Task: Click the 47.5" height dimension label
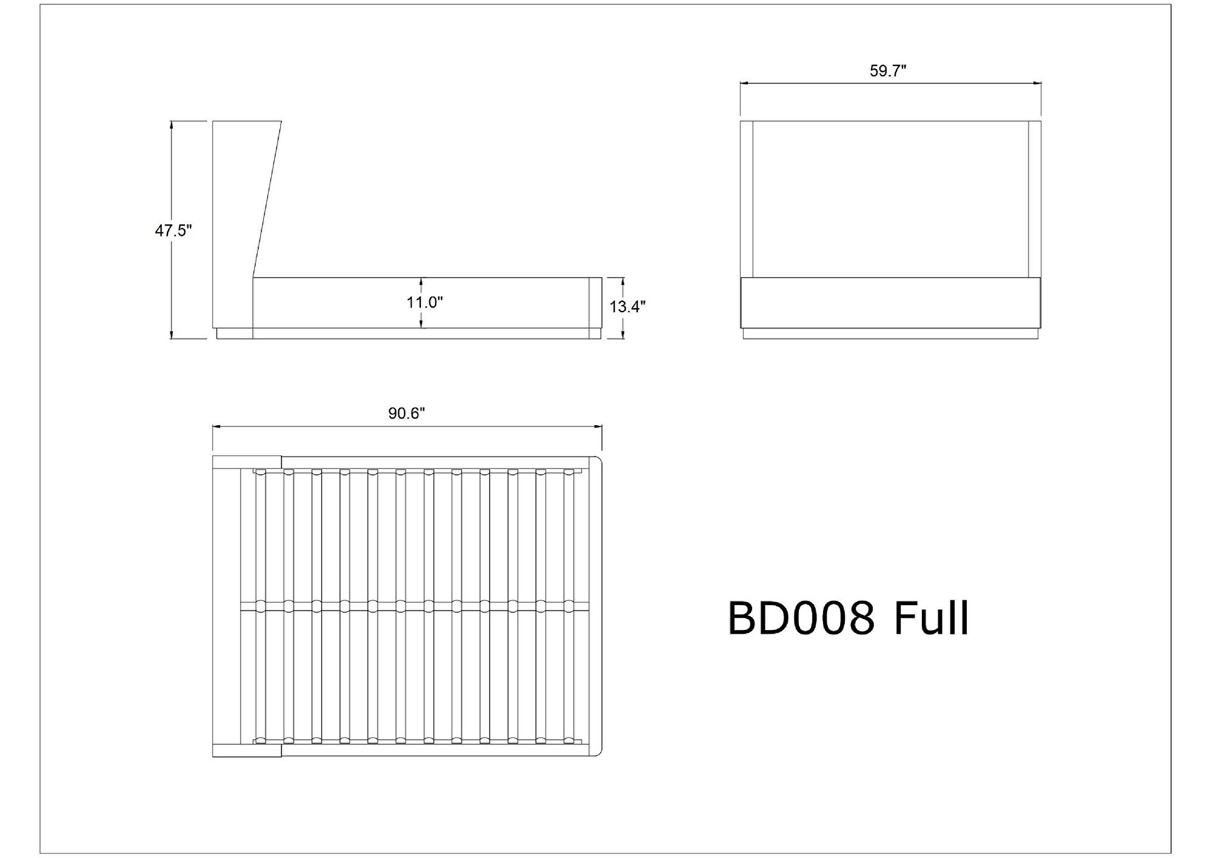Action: (x=173, y=230)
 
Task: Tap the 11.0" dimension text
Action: (x=425, y=302)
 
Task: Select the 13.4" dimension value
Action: (x=628, y=307)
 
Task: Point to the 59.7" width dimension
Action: (x=888, y=71)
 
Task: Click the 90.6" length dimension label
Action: (x=406, y=414)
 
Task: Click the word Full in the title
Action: (x=932, y=618)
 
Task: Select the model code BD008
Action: (x=801, y=618)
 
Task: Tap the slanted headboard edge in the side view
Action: (x=267, y=199)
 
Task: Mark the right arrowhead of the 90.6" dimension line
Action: (x=597, y=426)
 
